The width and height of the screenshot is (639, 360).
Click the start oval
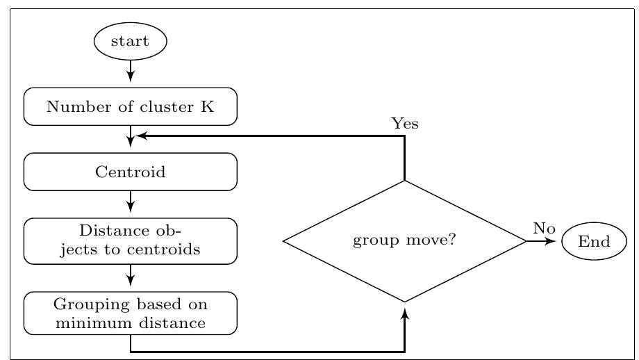tap(131, 41)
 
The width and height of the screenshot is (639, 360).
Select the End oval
tap(594, 241)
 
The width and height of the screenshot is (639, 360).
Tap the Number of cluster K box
tap(131, 106)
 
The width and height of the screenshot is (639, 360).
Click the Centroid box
tap(131, 172)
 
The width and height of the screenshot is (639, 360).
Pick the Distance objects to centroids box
tap(131, 240)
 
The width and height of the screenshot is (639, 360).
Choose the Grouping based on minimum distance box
tap(131, 313)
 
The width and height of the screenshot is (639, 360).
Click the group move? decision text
tap(404, 240)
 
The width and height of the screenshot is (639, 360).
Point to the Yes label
tap(405, 124)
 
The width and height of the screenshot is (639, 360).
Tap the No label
tap(544, 228)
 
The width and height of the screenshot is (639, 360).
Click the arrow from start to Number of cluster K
tap(131, 72)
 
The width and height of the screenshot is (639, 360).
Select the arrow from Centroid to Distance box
tap(131, 202)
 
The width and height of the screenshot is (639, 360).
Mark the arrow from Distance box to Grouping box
tap(131, 276)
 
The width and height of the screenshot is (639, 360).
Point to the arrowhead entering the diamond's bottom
tap(405, 314)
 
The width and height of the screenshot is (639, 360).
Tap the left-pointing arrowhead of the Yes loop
tap(140, 136)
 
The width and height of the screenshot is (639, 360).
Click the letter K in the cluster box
tap(208, 106)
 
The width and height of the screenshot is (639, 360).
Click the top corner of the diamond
tap(405, 181)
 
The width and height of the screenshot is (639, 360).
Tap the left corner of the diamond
tap(284, 241)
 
